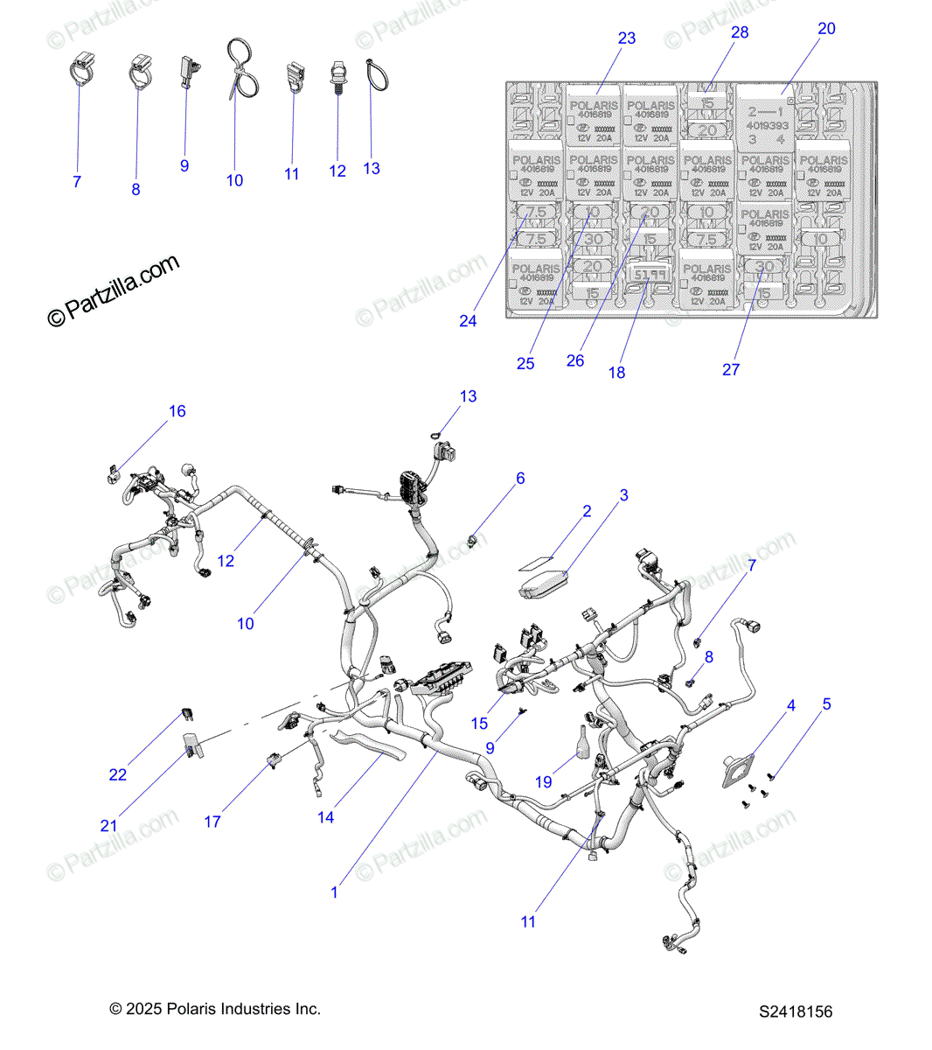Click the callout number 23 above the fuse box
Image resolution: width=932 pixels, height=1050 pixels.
coord(626,38)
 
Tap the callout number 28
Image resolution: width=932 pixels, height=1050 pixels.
coord(740,32)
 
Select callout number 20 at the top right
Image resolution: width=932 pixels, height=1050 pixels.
coord(826,29)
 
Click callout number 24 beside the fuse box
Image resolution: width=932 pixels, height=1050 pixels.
coord(468,321)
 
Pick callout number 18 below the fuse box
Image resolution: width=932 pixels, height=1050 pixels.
coord(616,372)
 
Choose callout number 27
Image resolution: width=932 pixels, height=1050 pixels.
coord(731,369)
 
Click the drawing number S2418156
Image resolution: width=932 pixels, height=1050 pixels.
coord(796,1011)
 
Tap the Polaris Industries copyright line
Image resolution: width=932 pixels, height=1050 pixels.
coord(215,1009)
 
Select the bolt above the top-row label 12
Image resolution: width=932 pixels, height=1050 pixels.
coord(338,78)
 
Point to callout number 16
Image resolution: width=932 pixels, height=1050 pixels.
coord(177,411)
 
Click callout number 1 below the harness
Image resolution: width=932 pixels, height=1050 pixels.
coord(334,892)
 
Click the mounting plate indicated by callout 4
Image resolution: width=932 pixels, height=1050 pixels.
coord(737,767)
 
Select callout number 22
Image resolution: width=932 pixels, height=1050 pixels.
coord(118,774)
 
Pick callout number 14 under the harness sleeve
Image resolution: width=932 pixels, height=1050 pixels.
coord(325,817)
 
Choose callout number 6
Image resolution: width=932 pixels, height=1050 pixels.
coord(520,479)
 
